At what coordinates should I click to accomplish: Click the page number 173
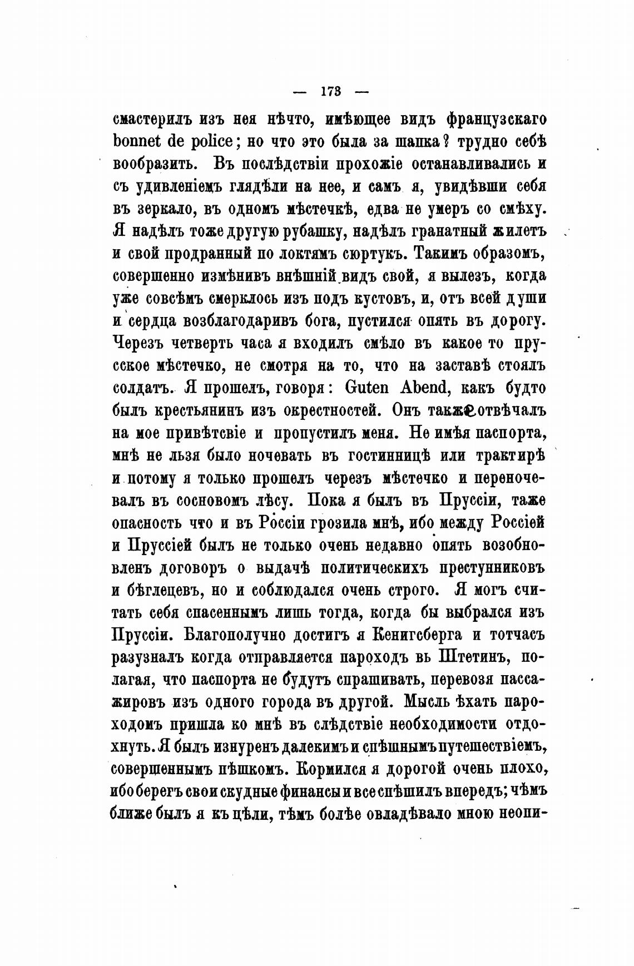[331, 91]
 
